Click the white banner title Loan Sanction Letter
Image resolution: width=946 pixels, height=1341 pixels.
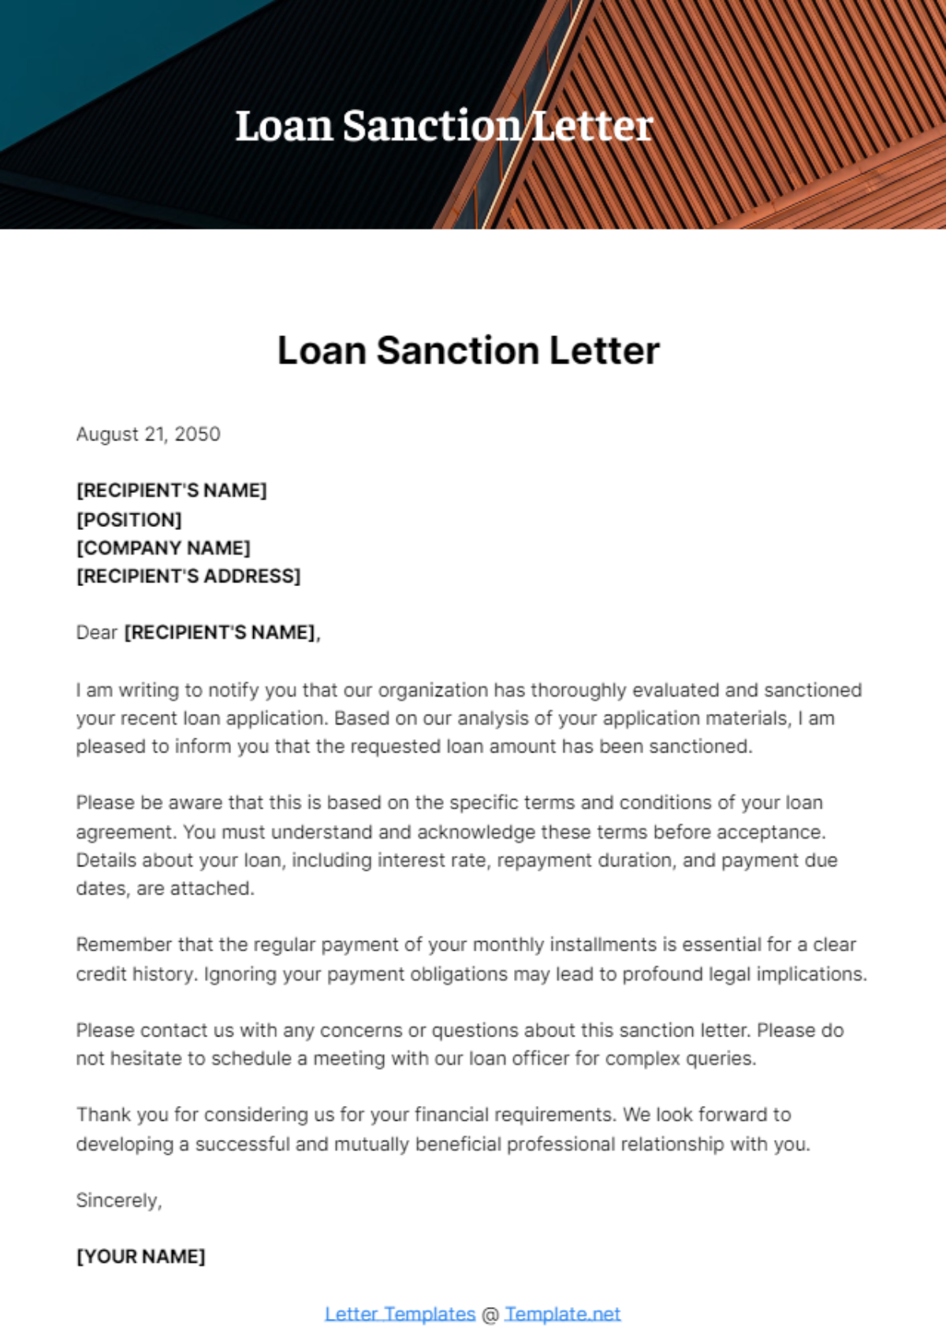tap(445, 126)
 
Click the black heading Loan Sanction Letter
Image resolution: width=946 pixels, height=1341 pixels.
tap(468, 351)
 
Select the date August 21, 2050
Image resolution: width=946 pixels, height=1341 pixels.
tap(148, 434)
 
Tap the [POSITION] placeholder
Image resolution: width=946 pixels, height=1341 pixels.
tap(129, 520)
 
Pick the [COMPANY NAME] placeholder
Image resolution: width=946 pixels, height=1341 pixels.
tap(163, 548)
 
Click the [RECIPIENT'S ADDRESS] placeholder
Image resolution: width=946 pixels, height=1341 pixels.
tap(188, 577)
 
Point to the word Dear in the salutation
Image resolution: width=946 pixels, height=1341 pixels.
tap(96, 633)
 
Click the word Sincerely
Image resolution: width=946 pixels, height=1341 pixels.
tap(118, 1201)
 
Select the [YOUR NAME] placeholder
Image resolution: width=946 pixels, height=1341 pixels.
tap(140, 1257)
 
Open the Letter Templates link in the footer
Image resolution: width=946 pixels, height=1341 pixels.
tap(400, 1314)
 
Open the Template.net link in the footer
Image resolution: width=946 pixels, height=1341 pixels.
tap(563, 1314)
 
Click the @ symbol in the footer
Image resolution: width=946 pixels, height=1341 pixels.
tap(490, 1315)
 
